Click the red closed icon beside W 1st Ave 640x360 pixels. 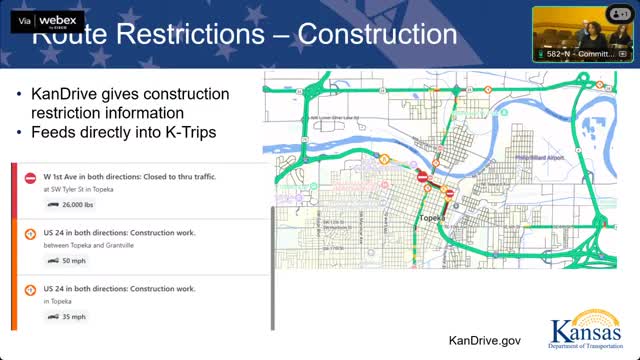(x=29, y=176)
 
